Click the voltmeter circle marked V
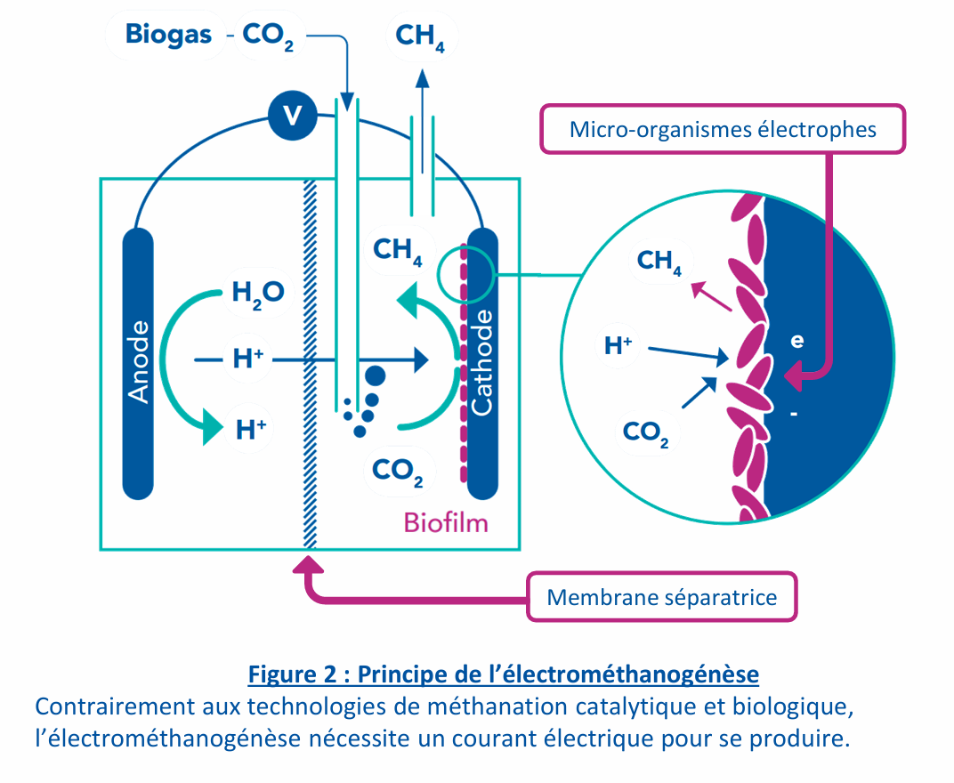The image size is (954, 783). [x=290, y=115]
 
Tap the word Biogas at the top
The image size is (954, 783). [x=168, y=35]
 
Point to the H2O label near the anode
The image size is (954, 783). [x=257, y=291]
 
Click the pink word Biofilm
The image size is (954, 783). [x=446, y=522]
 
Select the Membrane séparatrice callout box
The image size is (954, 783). [x=661, y=597]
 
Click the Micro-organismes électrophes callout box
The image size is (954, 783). [x=723, y=130]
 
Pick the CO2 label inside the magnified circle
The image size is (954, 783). [x=645, y=432]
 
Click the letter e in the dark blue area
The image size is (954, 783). [x=797, y=339]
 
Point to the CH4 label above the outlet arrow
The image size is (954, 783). [x=420, y=36]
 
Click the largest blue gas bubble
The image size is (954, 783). [x=376, y=375]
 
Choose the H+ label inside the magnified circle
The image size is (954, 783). [x=618, y=345]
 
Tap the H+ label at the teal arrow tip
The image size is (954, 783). [x=251, y=430]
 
